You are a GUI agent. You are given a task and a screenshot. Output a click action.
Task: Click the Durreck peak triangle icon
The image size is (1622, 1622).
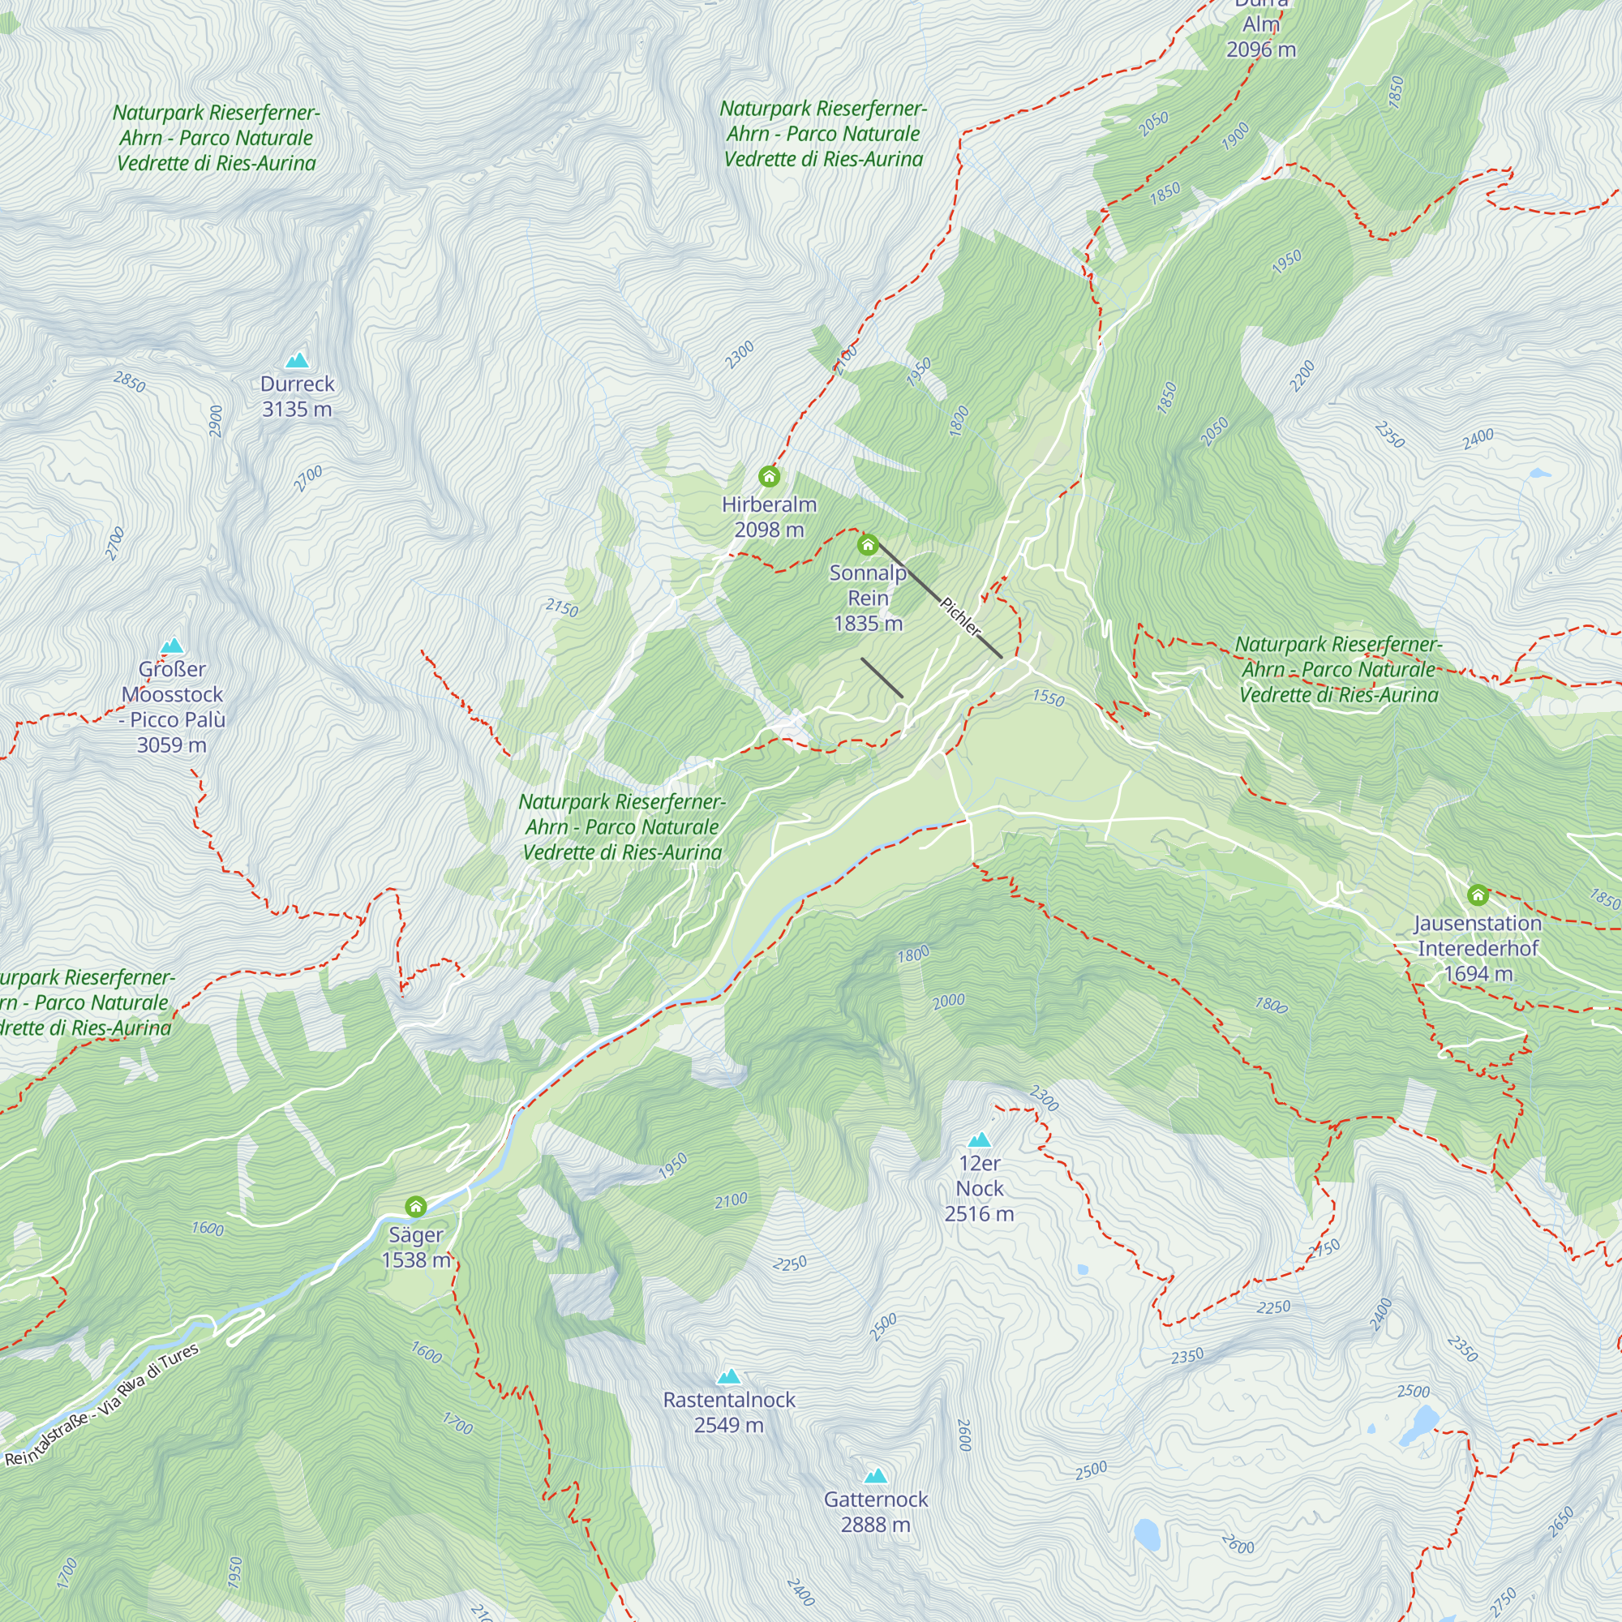[x=297, y=361]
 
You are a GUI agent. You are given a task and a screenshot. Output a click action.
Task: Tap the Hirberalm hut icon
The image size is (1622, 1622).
[x=769, y=477]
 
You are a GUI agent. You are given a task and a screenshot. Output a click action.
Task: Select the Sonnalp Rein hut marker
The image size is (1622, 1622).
[x=868, y=546]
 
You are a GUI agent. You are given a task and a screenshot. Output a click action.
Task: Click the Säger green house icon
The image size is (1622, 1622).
[x=415, y=1208]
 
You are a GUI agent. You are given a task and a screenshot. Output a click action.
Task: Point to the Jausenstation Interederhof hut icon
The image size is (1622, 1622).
[x=1478, y=895]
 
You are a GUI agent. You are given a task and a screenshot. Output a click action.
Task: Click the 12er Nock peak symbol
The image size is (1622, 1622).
[x=980, y=1140]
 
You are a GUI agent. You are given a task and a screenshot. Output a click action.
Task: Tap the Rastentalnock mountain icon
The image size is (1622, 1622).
[x=729, y=1377]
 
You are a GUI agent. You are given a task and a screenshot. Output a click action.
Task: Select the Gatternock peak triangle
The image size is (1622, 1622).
[x=876, y=1476]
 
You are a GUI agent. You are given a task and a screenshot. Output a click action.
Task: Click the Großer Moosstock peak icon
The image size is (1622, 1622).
[x=172, y=646]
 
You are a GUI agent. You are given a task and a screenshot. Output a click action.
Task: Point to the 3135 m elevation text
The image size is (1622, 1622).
[x=297, y=410]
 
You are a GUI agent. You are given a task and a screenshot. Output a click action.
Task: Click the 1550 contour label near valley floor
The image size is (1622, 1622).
[x=1049, y=697]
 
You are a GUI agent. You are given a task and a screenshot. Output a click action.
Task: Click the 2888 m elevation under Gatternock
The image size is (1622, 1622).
[x=876, y=1525]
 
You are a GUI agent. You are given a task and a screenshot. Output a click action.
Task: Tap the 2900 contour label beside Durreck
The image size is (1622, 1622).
[x=216, y=421]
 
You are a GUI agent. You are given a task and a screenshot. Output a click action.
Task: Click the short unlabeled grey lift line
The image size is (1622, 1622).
[x=882, y=677]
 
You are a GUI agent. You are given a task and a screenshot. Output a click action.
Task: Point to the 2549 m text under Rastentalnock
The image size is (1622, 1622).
[x=729, y=1426]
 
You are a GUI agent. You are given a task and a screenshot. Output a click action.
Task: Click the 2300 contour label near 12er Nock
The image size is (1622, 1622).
[x=1045, y=1098]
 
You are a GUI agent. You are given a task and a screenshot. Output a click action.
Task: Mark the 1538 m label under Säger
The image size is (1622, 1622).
[x=415, y=1260]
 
